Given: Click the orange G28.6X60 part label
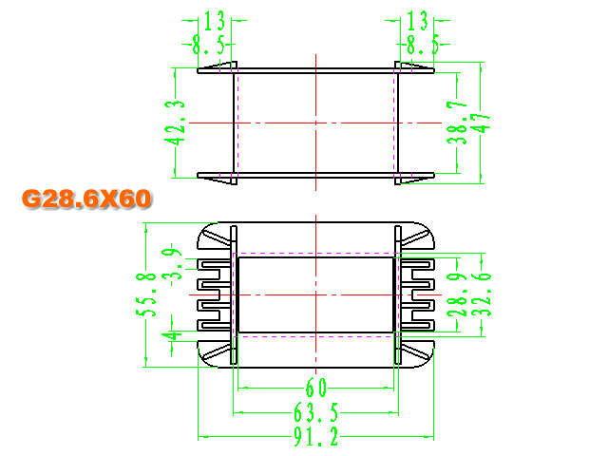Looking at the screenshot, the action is [x=86, y=199].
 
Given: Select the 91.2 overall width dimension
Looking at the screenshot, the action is [x=315, y=436].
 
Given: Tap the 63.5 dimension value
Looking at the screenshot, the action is [x=315, y=411].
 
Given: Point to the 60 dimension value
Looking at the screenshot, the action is [x=316, y=388].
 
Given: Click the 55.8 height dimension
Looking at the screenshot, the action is [x=146, y=294].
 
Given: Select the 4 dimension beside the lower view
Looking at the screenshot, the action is [x=171, y=335].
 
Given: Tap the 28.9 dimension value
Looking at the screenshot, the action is [x=457, y=294].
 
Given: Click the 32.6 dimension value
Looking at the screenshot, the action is [x=482, y=294].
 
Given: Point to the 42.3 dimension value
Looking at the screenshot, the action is [x=175, y=123].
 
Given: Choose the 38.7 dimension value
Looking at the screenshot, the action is [x=457, y=123].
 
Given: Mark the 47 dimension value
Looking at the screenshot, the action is [x=482, y=123].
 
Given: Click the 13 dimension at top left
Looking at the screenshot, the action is [x=214, y=21].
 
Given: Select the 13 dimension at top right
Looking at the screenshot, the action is [x=417, y=21].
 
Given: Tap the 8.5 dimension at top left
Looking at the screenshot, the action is [x=208, y=45].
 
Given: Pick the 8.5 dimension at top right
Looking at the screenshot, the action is [x=423, y=45].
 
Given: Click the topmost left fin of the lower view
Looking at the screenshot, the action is [x=215, y=264].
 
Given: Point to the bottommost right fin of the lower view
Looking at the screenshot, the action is [x=417, y=325].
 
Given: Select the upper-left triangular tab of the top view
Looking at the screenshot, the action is [x=218, y=66].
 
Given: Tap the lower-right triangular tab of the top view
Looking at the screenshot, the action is [x=414, y=180].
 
